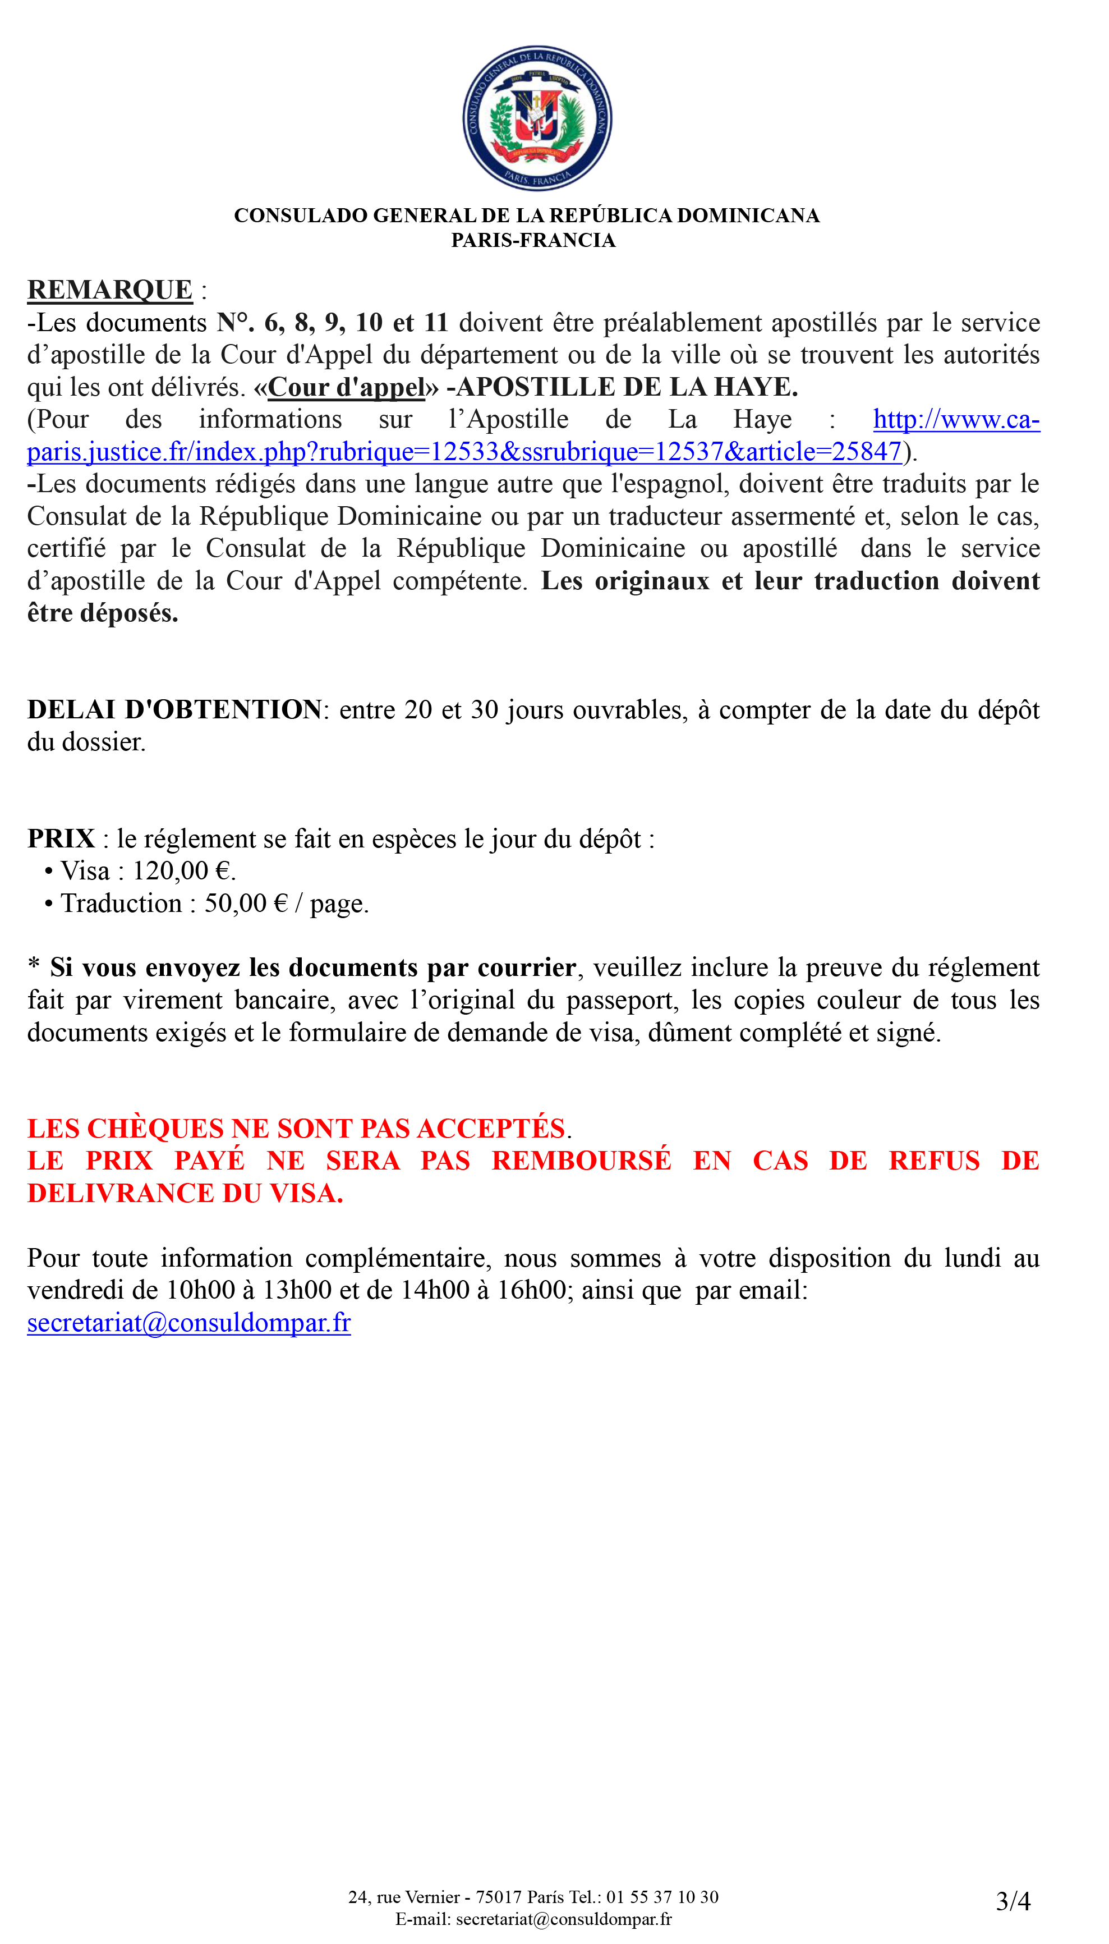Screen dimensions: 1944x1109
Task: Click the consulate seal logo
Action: coord(537,118)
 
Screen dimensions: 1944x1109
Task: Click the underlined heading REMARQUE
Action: coord(111,290)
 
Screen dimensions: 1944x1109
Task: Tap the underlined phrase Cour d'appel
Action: coord(347,388)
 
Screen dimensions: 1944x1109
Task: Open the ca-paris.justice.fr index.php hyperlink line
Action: coord(464,452)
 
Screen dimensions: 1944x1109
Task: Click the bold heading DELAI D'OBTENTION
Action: coord(175,710)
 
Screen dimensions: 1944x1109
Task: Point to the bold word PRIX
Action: coord(61,838)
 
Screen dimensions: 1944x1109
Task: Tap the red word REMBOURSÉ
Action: coord(581,1161)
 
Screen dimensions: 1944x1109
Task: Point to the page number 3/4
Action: coord(1013,1901)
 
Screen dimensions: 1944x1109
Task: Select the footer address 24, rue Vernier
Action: coord(404,1897)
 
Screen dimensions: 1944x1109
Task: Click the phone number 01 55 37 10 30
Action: coord(662,1897)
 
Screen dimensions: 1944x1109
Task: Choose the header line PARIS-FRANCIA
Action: coord(533,241)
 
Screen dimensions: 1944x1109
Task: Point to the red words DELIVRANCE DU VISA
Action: coord(185,1194)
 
